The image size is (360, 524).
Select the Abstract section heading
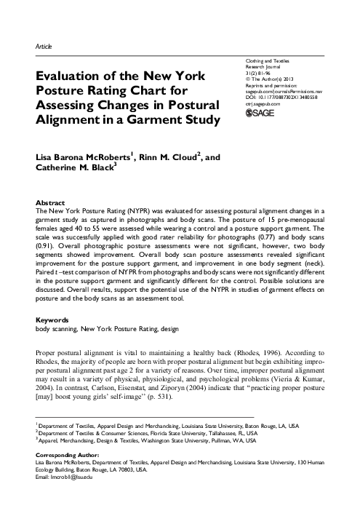51,201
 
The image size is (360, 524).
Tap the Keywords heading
53,319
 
